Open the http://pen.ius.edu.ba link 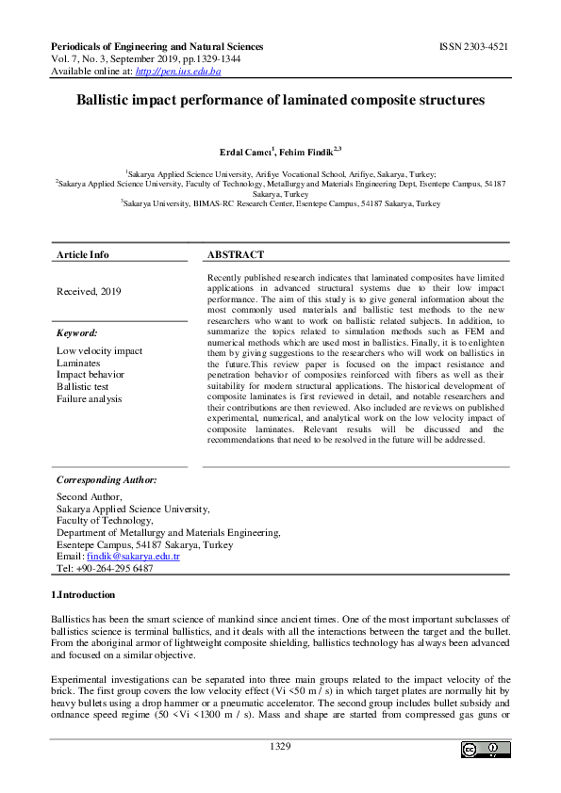click(x=188, y=71)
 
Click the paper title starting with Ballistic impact click(x=280, y=99)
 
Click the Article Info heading click(x=83, y=254)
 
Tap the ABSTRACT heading click(x=236, y=254)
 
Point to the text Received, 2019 click(x=89, y=292)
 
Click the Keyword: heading click(x=76, y=332)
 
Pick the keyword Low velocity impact click(x=100, y=350)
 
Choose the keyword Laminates click(x=78, y=363)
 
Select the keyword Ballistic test click(x=83, y=386)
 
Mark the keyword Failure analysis click(x=90, y=398)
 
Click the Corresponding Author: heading click(x=107, y=479)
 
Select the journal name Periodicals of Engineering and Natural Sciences click(x=157, y=46)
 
